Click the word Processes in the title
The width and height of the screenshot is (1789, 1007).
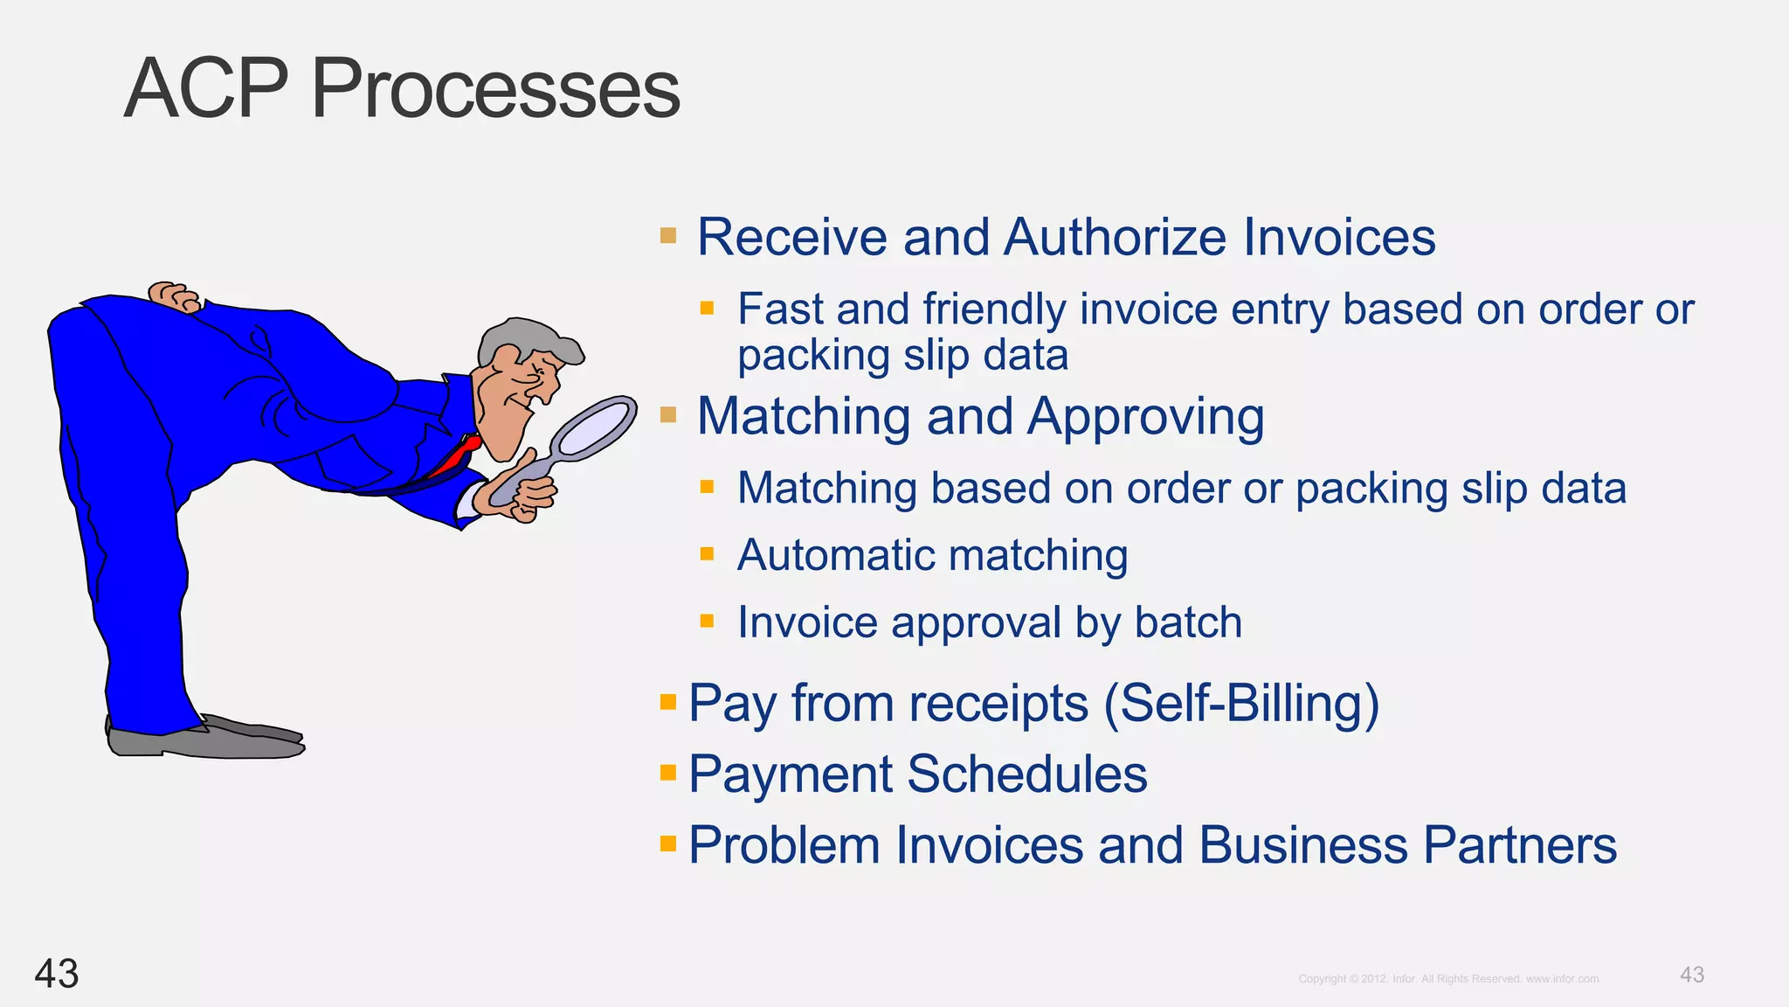[495, 89]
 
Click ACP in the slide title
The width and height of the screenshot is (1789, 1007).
[206, 89]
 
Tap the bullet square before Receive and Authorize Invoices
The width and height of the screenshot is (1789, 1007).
[668, 236]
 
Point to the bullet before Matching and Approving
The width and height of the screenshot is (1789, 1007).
[668, 414]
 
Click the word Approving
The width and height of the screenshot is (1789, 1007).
[1145, 417]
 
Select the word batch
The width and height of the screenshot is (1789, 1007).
[1188, 622]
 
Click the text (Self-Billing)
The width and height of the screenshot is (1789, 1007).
[1241, 703]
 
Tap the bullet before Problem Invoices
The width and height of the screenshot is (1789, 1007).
[668, 844]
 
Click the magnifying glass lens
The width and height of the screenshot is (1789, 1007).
[594, 428]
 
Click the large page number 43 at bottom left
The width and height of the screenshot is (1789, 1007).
[57, 974]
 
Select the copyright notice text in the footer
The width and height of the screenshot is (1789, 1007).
[1448, 979]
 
